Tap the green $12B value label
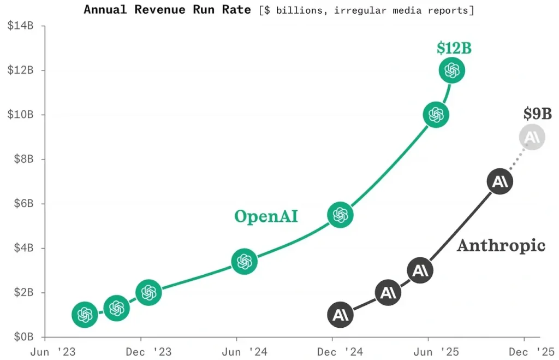click(x=454, y=48)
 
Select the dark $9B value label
click(x=537, y=114)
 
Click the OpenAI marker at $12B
click(x=451, y=70)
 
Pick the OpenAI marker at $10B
click(x=436, y=115)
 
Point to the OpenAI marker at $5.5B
click(x=340, y=215)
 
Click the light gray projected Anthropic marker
click(x=532, y=137)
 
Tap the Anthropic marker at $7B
click(x=500, y=182)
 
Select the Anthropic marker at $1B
click(x=340, y=315)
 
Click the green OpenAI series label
click(x=266, y=216)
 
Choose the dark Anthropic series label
click(x=501, y=245)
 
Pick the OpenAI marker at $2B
click(x=148, y=292)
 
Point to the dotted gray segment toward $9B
click(x=516, y=159)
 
